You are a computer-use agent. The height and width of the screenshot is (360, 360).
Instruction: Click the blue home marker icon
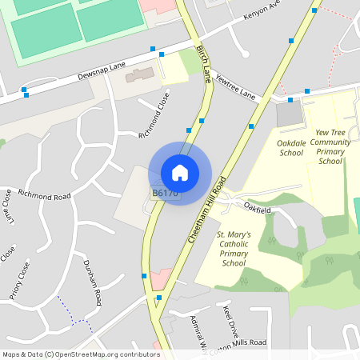tap(180, 172)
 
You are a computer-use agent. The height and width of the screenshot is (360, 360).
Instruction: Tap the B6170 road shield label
tap(165, 194)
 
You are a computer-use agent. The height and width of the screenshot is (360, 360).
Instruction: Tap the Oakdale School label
tap(290, 147)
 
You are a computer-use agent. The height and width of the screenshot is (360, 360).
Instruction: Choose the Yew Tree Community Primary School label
tap(330, 146)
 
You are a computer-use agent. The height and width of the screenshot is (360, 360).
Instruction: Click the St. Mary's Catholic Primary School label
tap(234, 249)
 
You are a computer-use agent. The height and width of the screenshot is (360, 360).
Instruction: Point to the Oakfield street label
tap(258, 209)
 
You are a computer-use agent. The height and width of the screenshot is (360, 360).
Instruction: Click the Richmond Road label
tap(44, 194)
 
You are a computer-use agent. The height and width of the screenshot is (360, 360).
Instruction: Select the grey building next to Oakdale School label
tap(290, 114)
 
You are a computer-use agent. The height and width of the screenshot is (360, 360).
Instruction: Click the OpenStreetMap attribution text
tap(81, 354)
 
